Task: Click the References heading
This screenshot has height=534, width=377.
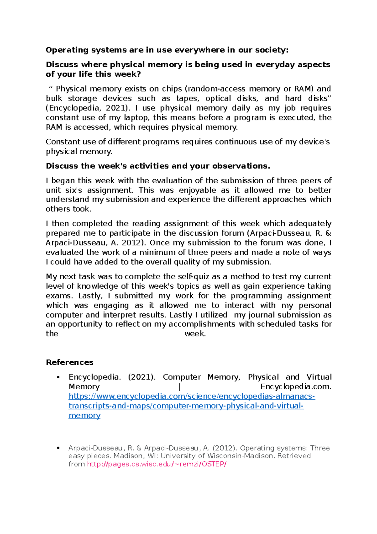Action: pyautogui.click(x=69, y=362)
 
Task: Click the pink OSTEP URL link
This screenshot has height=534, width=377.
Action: pyautogui.click(x=156, y=464)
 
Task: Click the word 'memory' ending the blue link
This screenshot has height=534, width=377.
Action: pyautogui.click(x=84, y=415)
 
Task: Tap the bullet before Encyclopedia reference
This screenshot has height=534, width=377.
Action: pyautogui.click(x=58, y=377)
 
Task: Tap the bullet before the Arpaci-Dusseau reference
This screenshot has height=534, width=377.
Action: pyautogui.click(x=58, y=448)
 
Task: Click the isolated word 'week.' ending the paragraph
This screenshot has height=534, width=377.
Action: pyautogui.click(x=195, y=334)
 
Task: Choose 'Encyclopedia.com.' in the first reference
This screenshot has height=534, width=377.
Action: pyautogui.click(x=296, y=387)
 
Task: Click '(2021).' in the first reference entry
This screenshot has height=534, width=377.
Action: pyautogui.click(x=142, y=377)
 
